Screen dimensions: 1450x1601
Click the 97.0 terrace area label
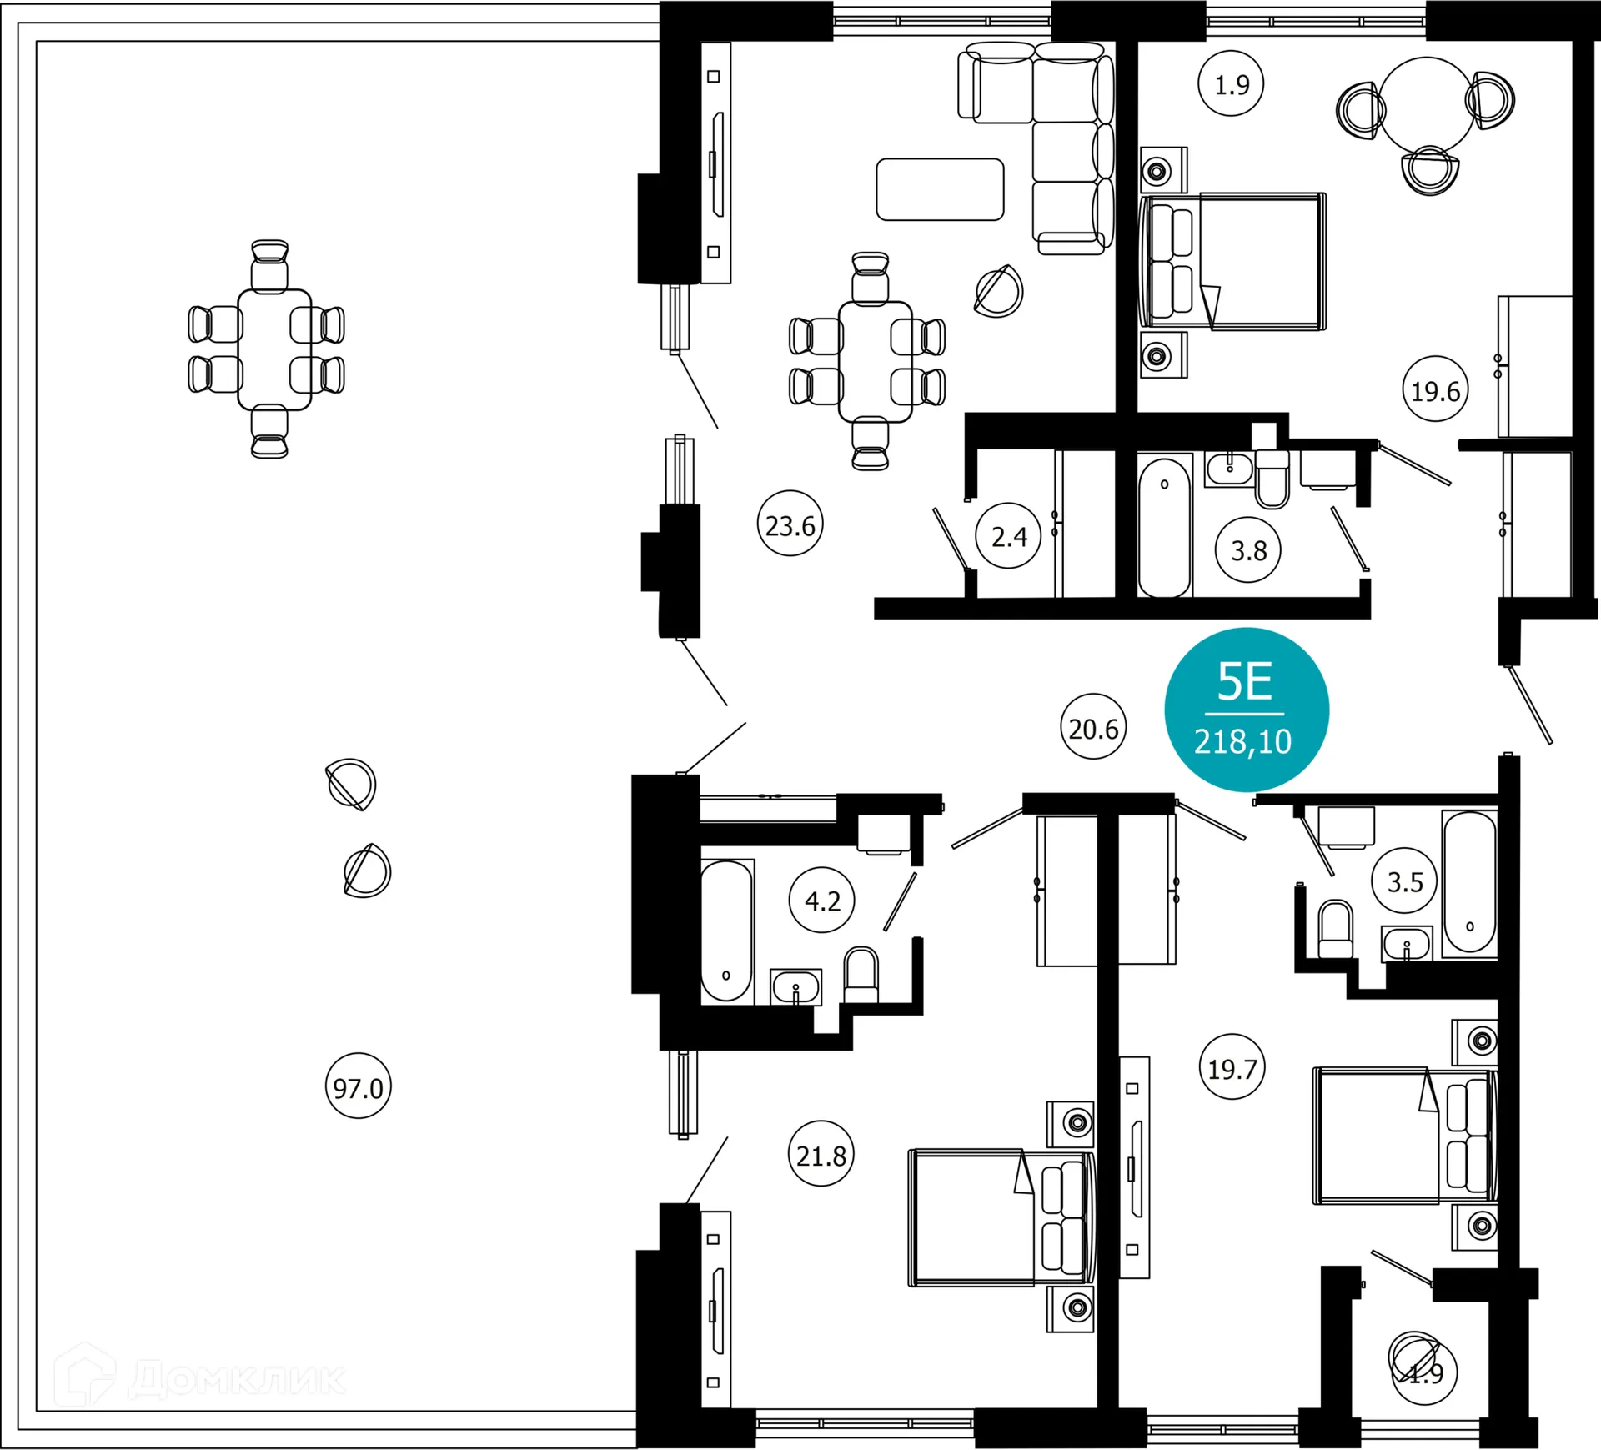click(358, 1087)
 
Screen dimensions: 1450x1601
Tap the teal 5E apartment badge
click(1246, 710)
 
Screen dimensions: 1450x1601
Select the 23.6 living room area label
click(790, 525)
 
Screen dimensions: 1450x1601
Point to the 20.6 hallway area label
click(1093, 729)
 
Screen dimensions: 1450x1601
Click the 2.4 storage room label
click(1008, 536)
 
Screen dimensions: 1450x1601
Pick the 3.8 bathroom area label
click(1248, 550)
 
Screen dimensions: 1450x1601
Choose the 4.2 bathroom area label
click(822, 901)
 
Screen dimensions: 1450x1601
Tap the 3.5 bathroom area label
click(1404, 881)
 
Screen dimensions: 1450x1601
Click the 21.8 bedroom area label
click(821, 1156)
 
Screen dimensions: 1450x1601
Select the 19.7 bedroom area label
click(1232, 1068)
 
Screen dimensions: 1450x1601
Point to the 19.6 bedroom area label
click(1435, 390)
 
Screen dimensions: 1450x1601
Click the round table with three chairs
click(1427, 104)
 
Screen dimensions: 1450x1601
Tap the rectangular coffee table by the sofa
click(940, 189)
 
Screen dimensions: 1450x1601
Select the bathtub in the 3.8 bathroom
click(1164, 527)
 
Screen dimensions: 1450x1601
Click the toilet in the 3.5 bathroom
click(1335, 930)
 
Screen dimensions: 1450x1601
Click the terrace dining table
click(274, 349)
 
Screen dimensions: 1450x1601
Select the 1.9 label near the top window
click(1231, 84)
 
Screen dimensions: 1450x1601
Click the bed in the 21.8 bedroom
click(1001, 1218)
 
